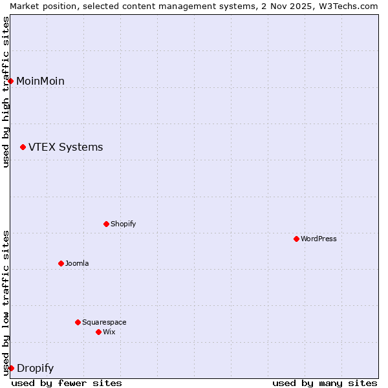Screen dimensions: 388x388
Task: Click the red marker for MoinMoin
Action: (x=11, y=81)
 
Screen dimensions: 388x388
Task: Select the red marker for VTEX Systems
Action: (x=23, y=147)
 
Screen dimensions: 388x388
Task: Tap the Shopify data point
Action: (x=107, y=224)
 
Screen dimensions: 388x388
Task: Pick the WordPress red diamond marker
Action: (x=297, y=239)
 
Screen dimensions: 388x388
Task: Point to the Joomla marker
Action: (x=61, y=264)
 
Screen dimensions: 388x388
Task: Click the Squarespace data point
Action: (x=78, y=323)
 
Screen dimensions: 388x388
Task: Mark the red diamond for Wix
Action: (x=99, y=332)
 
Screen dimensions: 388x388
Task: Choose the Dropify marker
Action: (x=11, y=369)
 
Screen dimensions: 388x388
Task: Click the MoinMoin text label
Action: (x=40, y=81)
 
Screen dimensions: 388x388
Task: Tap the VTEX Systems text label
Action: (x=65, y=147)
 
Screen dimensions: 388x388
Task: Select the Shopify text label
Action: (x=123, y=224)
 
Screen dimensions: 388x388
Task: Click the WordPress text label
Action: (x=318, y=239)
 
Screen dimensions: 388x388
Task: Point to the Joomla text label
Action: (x=77, y=264)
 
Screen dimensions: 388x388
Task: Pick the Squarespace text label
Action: (x=104, y=323)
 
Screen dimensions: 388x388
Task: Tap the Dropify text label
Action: (x=35, y=369)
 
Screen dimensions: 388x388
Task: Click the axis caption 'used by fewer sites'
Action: (x=67, y=383)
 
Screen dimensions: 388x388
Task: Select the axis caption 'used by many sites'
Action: (x=325, y=383)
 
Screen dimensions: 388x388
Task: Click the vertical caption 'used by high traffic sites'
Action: (x=6, y=92)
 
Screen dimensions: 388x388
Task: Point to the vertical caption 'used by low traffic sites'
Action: (x=6, y=303)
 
